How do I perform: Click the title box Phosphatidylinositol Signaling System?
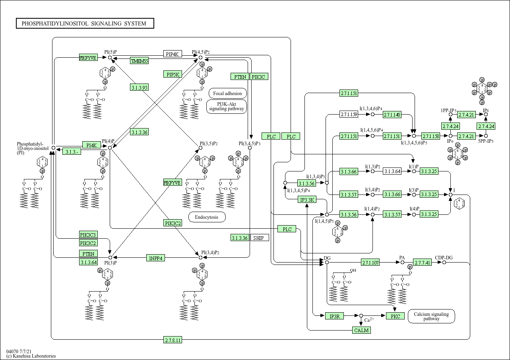click(x=85, y=23)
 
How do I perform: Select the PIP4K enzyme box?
click(x=173, y=54)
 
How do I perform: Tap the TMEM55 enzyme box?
click(x=140, y=61)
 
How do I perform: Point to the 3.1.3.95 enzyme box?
click(x=139, y=87)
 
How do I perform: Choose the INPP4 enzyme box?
click(x=156, y=258)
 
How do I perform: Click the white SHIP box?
click(x=259, y=238)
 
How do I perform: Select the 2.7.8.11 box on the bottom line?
click(x=173, y=340)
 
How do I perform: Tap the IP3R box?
click(x=334, y=316)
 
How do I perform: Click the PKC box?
click(x=395, y=316)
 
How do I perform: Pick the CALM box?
click(x=361, y=330)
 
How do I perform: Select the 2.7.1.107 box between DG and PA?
click(x=370, y=263)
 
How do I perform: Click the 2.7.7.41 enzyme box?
click(x=422, y=263)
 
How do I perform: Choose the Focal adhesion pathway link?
click(x=227, y=93)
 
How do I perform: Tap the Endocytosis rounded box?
click(x=207, y=217)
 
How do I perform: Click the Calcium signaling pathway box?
click(x=431, y=316)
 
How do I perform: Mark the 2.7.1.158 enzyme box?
click(x=430, y=136)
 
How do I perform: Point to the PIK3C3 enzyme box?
click(x=88, y=234)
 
